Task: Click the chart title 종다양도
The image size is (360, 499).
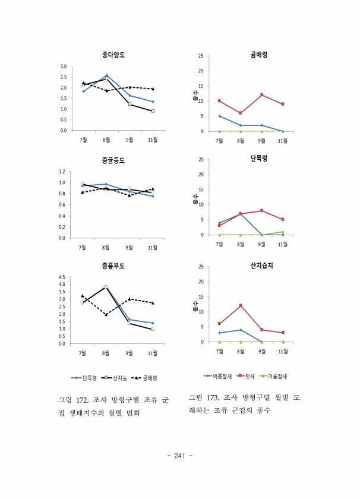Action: [113, 55]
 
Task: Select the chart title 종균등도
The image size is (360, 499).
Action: [113, 160]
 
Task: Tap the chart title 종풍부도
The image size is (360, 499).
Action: [113, 266]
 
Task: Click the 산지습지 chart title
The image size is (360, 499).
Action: [262, 266]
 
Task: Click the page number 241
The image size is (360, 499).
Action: [181, 456]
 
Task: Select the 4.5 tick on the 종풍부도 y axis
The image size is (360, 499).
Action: [63, 277]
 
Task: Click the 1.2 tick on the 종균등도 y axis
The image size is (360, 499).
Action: [63, 172]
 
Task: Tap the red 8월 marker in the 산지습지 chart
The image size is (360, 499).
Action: [241, 305]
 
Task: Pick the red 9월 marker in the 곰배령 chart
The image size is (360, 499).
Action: [262, 95]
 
